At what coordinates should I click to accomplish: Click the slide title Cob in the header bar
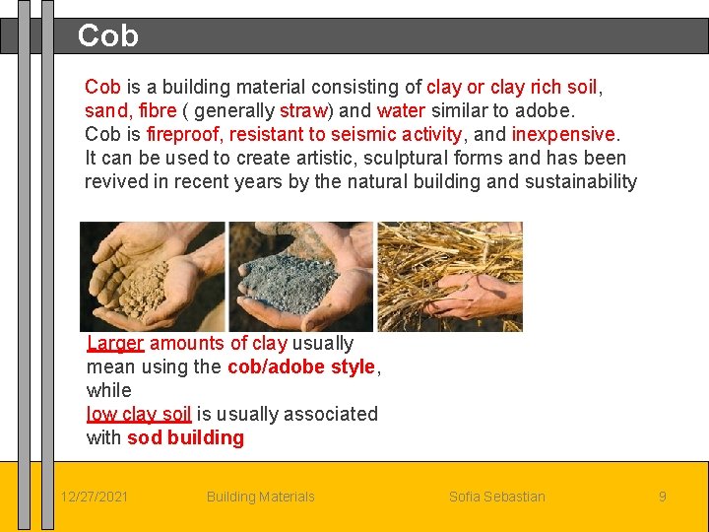click(107, 36)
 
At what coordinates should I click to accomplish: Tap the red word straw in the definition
click(302, 110)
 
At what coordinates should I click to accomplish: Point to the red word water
click(401, 110)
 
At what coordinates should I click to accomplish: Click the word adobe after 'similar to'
click(545, 110)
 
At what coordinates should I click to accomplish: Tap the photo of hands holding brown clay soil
click(153, 276)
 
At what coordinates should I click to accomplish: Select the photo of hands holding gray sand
click(300, 276)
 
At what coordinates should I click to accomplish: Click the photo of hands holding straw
click(450, 276)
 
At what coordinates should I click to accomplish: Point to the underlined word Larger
click(115, 343)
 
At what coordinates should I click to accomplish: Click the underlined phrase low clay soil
click(139, 414)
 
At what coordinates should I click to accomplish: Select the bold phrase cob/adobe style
click(301, 366)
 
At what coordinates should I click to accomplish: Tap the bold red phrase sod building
click(186, 437)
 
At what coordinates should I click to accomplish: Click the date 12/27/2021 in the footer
click(94, 497)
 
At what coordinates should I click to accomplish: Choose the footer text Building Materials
click(260, 497)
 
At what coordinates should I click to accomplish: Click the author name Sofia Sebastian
click(496, 497)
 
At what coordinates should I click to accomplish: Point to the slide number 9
click(662, 497)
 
